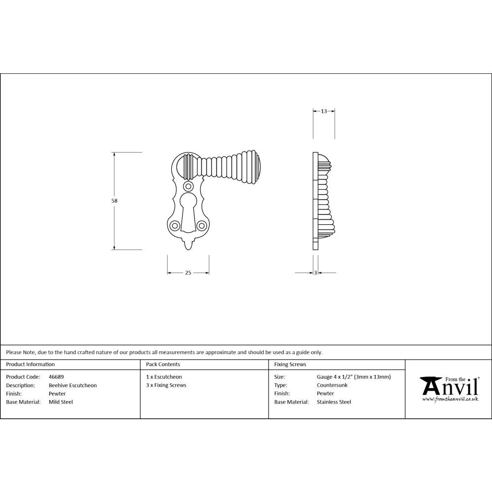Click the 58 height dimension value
point(114,201)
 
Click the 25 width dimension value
point(188,273)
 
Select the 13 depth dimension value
point(324,111)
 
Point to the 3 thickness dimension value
point(315,273)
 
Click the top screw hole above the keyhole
point(188,186)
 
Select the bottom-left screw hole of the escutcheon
point(175,226)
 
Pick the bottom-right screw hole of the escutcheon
point(201,226)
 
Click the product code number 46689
point(57,377)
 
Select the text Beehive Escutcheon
point(73,385)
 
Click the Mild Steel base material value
point(61,402)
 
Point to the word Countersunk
point(332,385)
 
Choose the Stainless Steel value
point(334,402)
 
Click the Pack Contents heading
point(163,365)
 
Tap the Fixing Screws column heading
point(290,365)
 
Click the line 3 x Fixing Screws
point(166,385)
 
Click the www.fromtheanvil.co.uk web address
point(450,399)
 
